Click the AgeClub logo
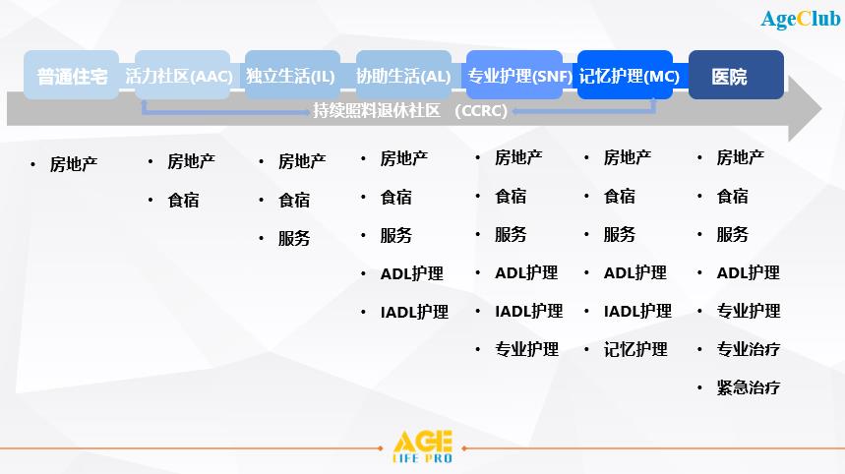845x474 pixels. pos(801,20)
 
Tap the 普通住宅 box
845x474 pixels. pos(71,75)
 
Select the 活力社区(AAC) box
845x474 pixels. pos(182,75)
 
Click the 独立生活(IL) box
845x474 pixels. pos(292,75)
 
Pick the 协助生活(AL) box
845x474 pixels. pos(403,75)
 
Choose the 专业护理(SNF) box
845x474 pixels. pos(514,75)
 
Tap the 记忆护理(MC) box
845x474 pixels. pos(625,75)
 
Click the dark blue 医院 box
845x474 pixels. pos(736,75)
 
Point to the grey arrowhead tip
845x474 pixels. pos(821,109)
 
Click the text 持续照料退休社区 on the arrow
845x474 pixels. pos(377,110)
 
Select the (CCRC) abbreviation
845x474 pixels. pos(481,110)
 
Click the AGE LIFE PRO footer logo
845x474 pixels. pos(423,446)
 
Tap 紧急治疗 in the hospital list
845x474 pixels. pos(748,387)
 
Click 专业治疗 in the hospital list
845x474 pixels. pos(748,349)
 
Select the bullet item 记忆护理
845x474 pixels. pos(635,349)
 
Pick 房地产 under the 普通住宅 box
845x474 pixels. pos(74,164)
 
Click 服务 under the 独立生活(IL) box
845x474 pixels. pos(294,238)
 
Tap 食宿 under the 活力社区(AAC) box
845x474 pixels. pos(183,200)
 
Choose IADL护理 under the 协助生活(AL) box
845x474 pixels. pos(414,312)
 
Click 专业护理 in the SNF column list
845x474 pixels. pos(526,349)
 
